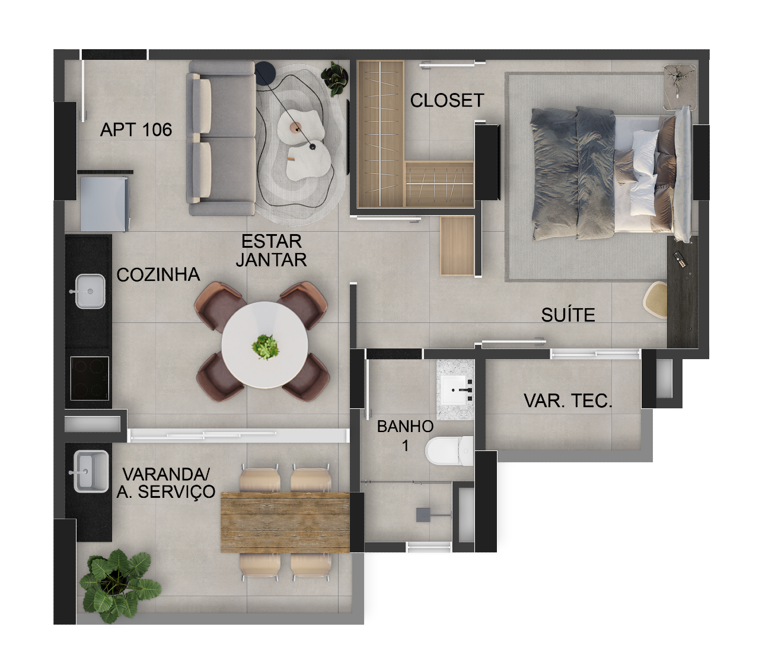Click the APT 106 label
[x=136, y=130]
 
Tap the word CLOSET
[x=447, y=100]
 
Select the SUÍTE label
[x=568, y=315]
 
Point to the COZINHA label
[x=158, y=274]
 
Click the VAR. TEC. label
[x=568, y=401]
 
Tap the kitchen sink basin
[x=90, y=292]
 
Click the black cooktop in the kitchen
[x=90, y=379]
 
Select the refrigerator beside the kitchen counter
[x=104, y=203]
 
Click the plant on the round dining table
[x=265, y=347]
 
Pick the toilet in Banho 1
[x=449, y=451]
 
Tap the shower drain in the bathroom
[x=423, y=514]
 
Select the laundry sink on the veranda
[x=91, y=471]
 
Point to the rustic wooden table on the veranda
[x=285, y=522]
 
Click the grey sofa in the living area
[x=221, y=138]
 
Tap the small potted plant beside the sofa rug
[x=334, y=79]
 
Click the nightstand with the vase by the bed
[x=680, y=88]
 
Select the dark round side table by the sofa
[x=265, y=74]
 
